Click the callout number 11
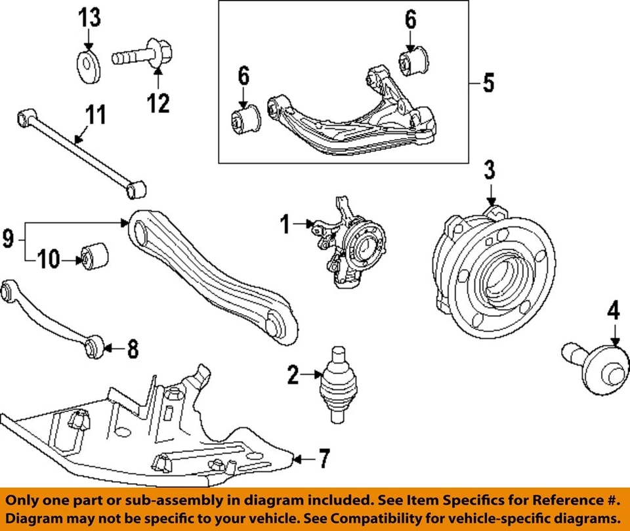tap(95, 117)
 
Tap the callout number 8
tap(133, 349)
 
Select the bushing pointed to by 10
tap(94, 255)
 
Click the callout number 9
tap(8, 238)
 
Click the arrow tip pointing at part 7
tap(293, 458)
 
